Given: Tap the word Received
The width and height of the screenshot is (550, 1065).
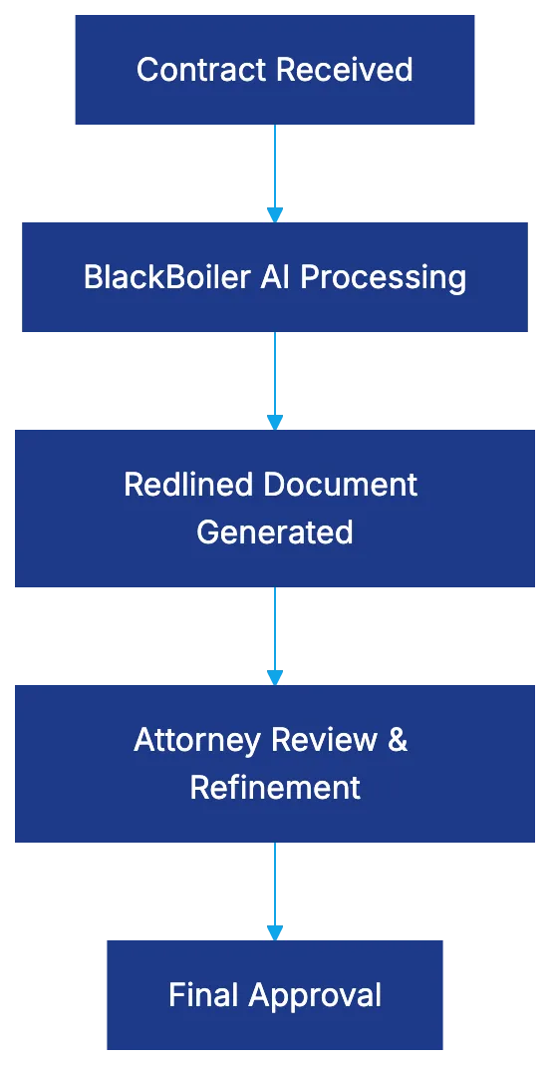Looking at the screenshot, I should pos(344,70).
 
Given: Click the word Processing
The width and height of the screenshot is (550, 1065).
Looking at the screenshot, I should pos(383,277).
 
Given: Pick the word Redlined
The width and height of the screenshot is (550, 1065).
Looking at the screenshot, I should pos(184,485).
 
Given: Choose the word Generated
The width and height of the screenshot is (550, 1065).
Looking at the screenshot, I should pos(275,532).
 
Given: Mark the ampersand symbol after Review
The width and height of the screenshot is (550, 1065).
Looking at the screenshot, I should pos(398,740).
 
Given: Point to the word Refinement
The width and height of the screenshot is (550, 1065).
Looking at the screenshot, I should pos(275,788).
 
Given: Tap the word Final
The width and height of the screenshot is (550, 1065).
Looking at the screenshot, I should pos(204,995).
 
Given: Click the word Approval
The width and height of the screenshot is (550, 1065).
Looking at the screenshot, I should pos(315,995).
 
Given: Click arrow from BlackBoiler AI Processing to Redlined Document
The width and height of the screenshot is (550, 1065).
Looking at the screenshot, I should pos(275,376).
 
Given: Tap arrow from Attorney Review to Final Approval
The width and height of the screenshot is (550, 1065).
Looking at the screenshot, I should pos(275,887).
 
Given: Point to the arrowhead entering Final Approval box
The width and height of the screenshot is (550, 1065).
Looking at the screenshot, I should pos(275,931).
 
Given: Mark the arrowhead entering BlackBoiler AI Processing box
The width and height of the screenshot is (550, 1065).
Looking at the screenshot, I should pos(275,213).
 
